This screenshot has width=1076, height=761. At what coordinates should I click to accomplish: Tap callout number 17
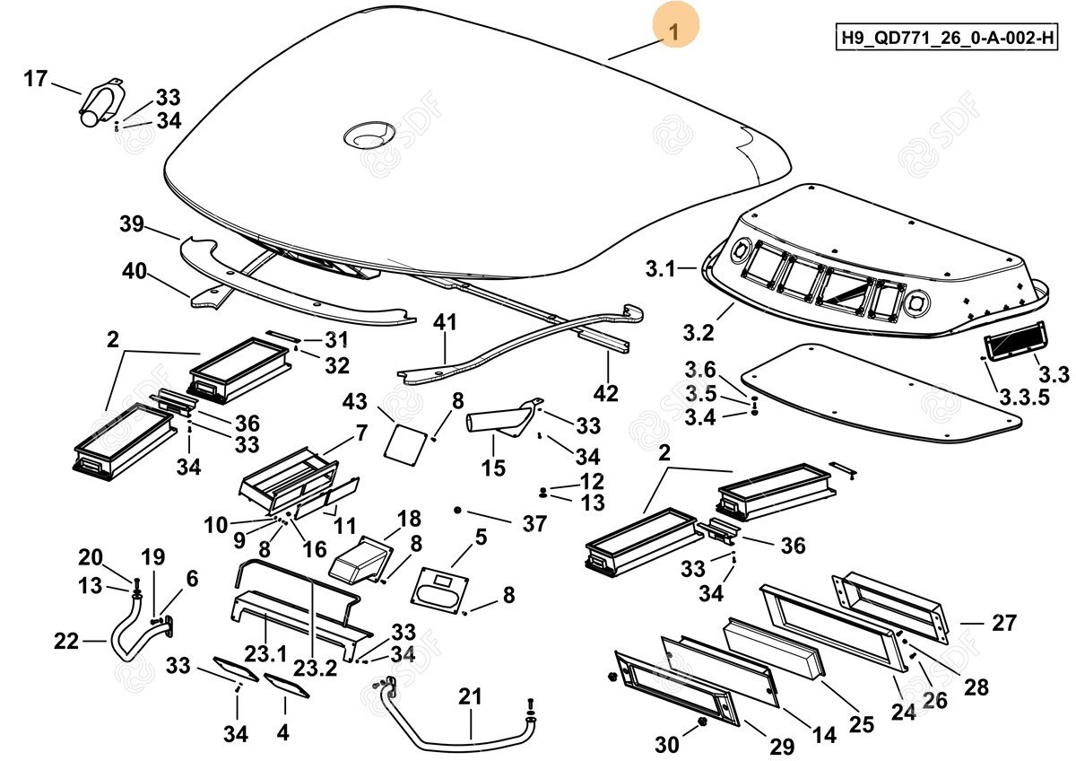(x=35, y=79)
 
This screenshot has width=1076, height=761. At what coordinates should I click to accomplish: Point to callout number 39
(x=132, y=225)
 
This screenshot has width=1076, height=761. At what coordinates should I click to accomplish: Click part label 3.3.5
(x=1025, y=398)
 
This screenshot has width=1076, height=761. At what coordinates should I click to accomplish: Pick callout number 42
(x=606, y=393)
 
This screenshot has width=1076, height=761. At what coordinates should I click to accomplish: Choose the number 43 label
(x=356, y=401)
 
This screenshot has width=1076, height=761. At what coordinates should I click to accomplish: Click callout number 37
(x=534, y=524)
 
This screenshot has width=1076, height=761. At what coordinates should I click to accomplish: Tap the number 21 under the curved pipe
(x=471, y=696)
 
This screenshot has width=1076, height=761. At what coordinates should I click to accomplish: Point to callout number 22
(x=67, y=641)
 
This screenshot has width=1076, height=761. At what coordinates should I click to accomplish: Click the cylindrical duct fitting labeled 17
(x=100, y=103)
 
